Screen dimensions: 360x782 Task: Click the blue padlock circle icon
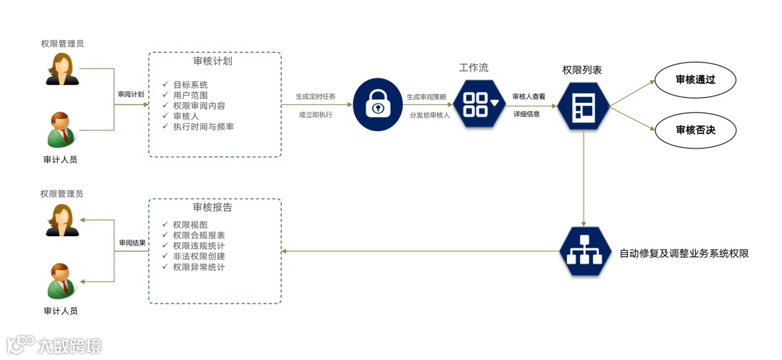pos(377,104)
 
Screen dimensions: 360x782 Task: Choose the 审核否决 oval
pos(695,130)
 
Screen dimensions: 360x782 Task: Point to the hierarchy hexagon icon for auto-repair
pos(584,251)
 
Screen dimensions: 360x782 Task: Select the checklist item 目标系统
pos(190,85)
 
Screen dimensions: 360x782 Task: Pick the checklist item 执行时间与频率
pos(203,127)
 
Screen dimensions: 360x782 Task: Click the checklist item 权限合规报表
pos(199,235)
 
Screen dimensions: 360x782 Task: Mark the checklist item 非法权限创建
pos(199,256)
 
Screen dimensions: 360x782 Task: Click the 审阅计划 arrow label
pos(131,94)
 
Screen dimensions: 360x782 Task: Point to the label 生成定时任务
pos(316,96)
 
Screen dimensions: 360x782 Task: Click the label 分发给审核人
pos(429,114)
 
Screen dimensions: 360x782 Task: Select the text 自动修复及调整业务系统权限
pos(684,254)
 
